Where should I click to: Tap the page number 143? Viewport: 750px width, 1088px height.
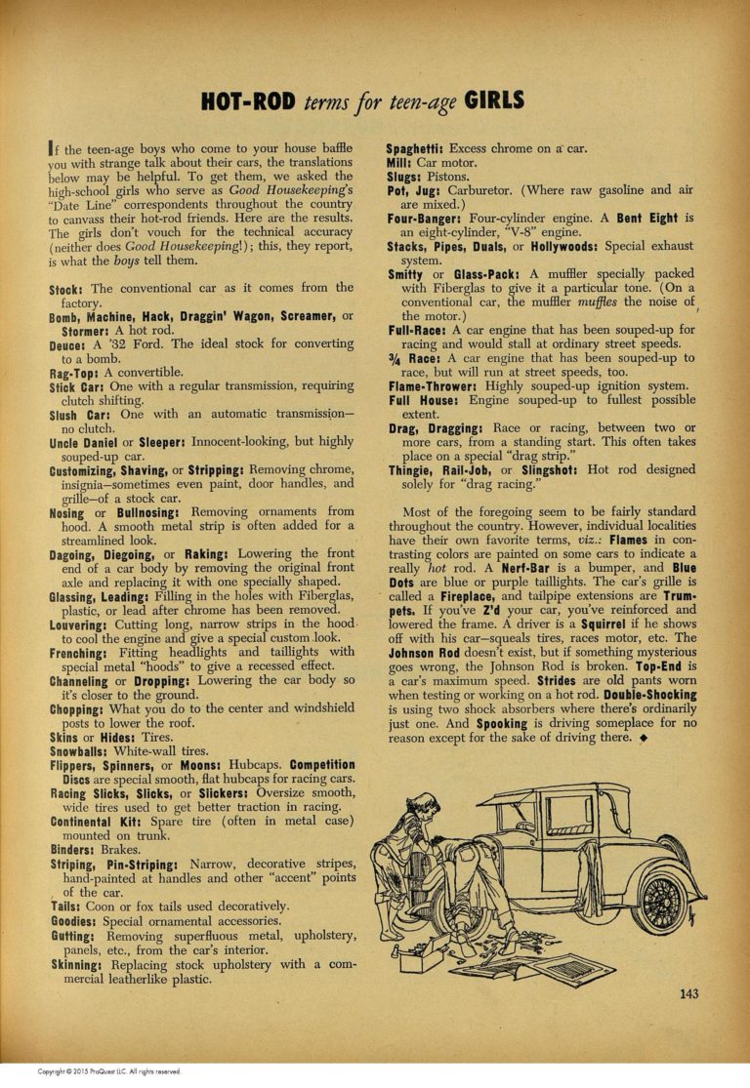pyautogui.click(x=687, y=994)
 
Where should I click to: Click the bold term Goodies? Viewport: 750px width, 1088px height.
pyautogui.click(x=74, y=920)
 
